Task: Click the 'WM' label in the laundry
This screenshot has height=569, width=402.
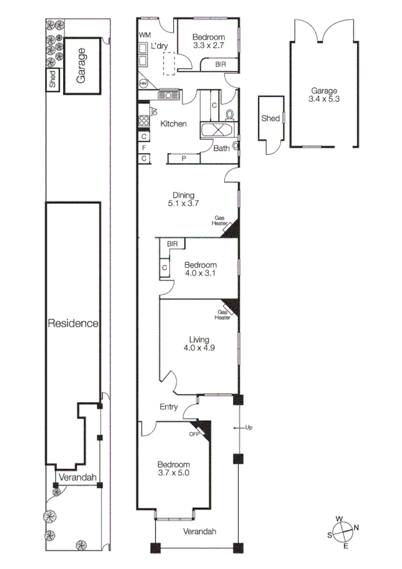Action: click(x=145, y=34)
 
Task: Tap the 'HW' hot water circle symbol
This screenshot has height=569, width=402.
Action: click(x=144, y=83)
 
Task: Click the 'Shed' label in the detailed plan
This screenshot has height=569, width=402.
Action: click(x=270, y=119)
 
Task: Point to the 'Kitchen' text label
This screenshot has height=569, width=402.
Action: click(x=173, y=124)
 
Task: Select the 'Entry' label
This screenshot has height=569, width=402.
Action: click(x=168, y=407)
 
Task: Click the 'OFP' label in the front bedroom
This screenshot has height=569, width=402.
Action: click(x=195, y=433)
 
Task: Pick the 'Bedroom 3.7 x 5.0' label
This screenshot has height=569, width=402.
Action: click(x=174, y=469)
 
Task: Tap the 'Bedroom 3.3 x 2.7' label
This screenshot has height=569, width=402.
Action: click(x=208, y=42)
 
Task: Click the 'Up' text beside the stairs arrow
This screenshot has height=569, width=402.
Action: click(x=249, y=427)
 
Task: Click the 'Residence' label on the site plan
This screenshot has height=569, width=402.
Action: click(x=73, y=323)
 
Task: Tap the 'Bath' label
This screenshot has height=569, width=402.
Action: click(x=221, y=149)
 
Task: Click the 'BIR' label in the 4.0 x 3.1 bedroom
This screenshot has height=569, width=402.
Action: click(x=172, y=244)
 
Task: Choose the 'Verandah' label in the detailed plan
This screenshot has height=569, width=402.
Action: click(x=200, y=531)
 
